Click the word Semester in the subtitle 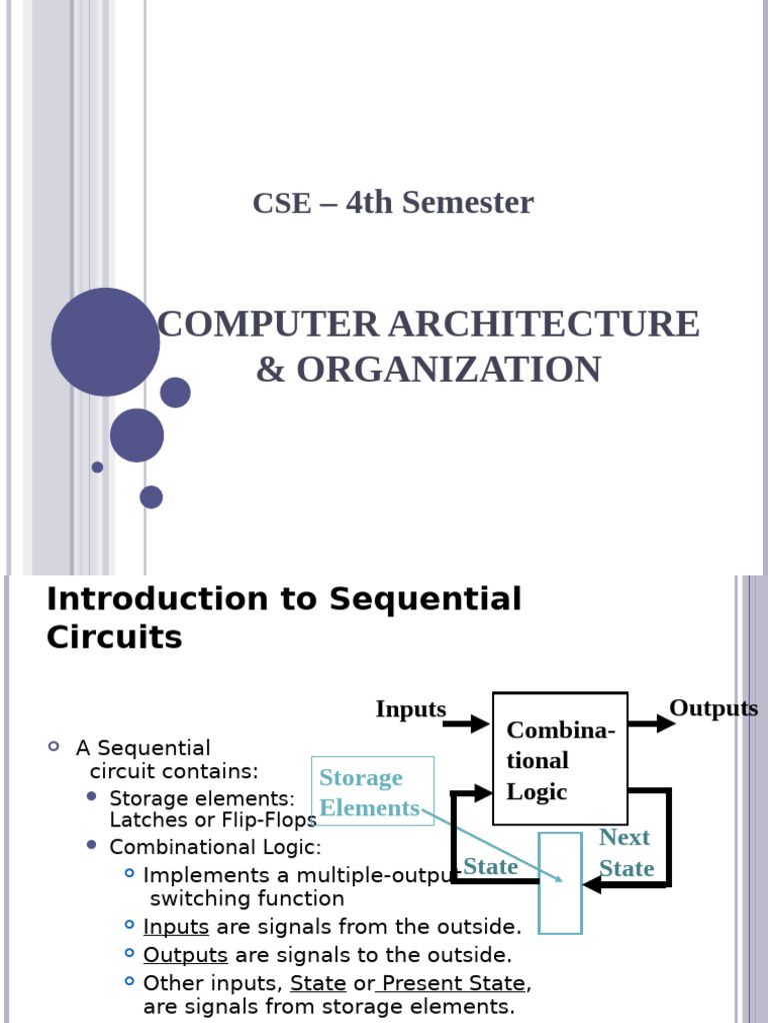(x=472, y=203)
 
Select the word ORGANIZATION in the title (x=448, y=370)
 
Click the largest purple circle (x=105, y=342)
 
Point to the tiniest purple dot (x=97, y=467)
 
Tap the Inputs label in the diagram (x=410, y=709)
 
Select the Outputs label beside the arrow (x=713, y=708)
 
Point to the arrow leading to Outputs (x=652, y=723)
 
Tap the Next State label (x=625, y=852)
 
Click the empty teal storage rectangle (x=560, y=883)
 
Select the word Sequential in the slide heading (x=425, y=599)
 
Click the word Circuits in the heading (x=114, y=637)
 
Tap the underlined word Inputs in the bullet (x=176, y=926)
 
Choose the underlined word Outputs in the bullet (x=185, y=955)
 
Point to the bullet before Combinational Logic (x=92, y=845)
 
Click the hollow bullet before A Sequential (x=54, y=747)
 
